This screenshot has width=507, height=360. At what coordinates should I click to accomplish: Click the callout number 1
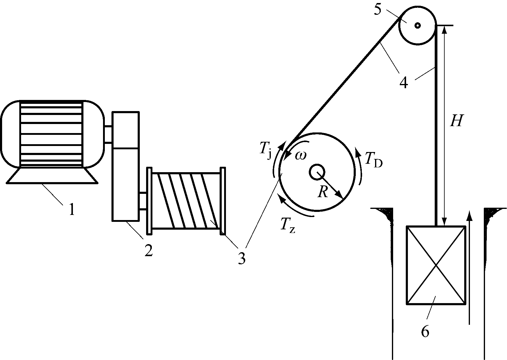pos(71,209)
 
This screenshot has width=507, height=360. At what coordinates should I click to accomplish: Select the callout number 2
pos(148,250)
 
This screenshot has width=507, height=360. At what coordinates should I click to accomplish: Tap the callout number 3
pos(241,258)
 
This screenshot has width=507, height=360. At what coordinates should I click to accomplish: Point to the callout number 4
pos(404,82)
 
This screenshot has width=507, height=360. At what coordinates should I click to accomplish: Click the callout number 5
pos(378,9)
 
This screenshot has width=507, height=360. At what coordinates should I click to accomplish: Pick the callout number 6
pos(425,331)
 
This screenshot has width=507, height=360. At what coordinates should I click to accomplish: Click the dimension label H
pos(456,121)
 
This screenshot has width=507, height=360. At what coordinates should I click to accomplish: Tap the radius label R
pos(323,191)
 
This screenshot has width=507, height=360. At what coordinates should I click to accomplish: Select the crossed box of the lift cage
pos(436,265)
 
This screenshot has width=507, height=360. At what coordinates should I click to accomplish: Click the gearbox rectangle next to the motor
pos(126,166)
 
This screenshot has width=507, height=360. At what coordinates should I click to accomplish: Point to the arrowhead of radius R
pos(340,196)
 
